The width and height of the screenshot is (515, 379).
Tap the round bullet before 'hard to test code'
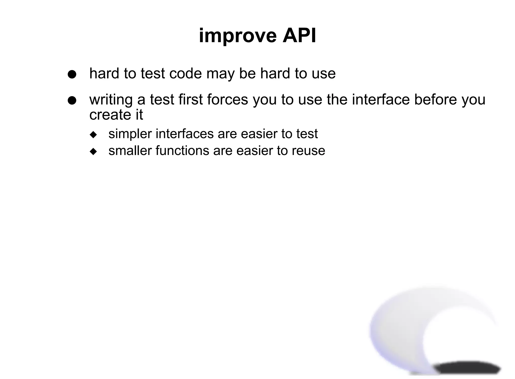tap(72, 74)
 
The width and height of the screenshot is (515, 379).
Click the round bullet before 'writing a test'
tap(72, 100)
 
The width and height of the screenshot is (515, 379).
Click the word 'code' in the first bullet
tap(186, 74)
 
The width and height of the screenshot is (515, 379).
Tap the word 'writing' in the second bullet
tap(111, 100)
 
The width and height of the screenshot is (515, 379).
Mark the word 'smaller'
tap(130, 150)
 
